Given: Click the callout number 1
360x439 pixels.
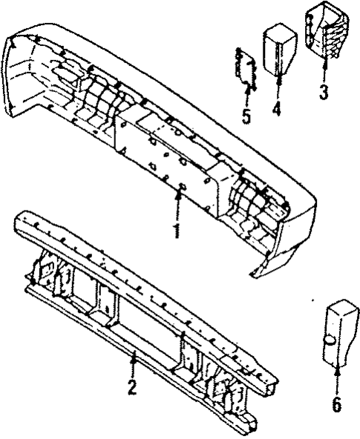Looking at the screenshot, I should click(x=177, y=230).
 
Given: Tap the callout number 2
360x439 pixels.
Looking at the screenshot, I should click(x=131, y=386).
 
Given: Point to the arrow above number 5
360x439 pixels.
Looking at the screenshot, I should click(x=246, y=94).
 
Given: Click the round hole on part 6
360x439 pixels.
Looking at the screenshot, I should click(x=328, y=341).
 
